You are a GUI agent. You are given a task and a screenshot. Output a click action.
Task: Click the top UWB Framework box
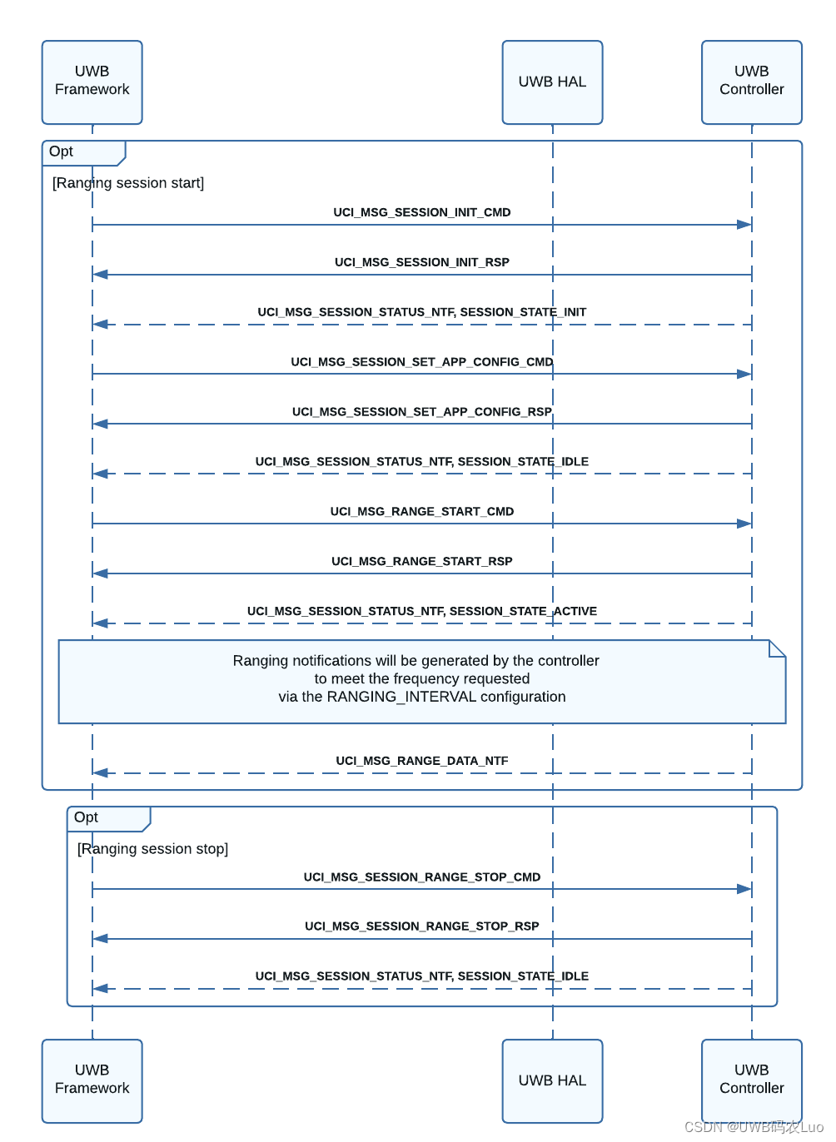click(92, 82)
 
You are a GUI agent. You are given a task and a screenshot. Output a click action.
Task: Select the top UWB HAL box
click(552, 82)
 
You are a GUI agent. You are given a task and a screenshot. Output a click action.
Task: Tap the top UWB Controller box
click(751, 82)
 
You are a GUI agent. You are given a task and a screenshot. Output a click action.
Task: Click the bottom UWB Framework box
click(92, 1080)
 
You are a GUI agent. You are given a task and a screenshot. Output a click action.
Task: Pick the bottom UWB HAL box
click(552, 1080)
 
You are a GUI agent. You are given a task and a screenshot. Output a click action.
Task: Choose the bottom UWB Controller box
click(751, 1080)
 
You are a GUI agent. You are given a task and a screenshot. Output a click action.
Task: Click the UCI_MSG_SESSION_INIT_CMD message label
click(421, 212)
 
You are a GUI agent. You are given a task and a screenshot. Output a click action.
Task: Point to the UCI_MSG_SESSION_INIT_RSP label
click(421, 262)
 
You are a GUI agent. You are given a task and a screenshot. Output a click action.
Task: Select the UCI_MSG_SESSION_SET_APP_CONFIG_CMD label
click(421, 362)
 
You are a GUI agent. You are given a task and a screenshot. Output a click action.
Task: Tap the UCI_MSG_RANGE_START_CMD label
click(421, 511)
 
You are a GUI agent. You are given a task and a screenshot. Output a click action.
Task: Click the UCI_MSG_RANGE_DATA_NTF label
click(421, 761)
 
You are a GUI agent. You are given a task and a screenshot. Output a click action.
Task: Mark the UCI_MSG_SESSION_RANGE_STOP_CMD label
click(421, 876)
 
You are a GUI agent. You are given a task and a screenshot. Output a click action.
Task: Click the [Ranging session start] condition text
click(128, 183)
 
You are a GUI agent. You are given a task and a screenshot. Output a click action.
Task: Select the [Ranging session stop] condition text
click(152, 849)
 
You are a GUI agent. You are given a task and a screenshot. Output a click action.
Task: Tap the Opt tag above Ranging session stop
click(87, 817)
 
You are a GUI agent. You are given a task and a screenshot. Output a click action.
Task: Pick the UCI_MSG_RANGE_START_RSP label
click(421, 561)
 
